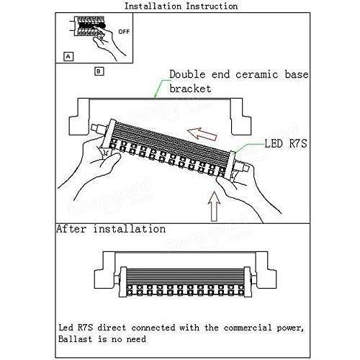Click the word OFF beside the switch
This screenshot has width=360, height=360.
(124, 32)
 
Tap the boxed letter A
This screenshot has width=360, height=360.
(68, 57)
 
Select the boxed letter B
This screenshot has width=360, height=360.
(99, 71)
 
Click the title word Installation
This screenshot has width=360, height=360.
(153, 6)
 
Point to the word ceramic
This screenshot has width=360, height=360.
(257, 74)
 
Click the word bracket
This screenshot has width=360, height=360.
(190, 89)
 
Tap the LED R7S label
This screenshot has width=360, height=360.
(286, 143)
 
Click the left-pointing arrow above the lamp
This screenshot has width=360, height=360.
(202, 134)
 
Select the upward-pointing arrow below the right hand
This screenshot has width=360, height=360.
(214, 206)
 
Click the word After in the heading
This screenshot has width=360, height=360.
(71, 229)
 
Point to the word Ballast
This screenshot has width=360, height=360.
(75, 339)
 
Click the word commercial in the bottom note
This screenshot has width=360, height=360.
(248, 328)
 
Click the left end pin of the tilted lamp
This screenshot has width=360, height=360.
(98, 129)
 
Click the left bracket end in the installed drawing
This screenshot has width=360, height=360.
(105, 269)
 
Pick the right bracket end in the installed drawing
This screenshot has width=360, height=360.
(266, 269)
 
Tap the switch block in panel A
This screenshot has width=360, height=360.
(89, 26)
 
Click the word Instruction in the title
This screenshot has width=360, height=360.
(212, 6)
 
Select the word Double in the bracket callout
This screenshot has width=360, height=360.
(187, 74)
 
